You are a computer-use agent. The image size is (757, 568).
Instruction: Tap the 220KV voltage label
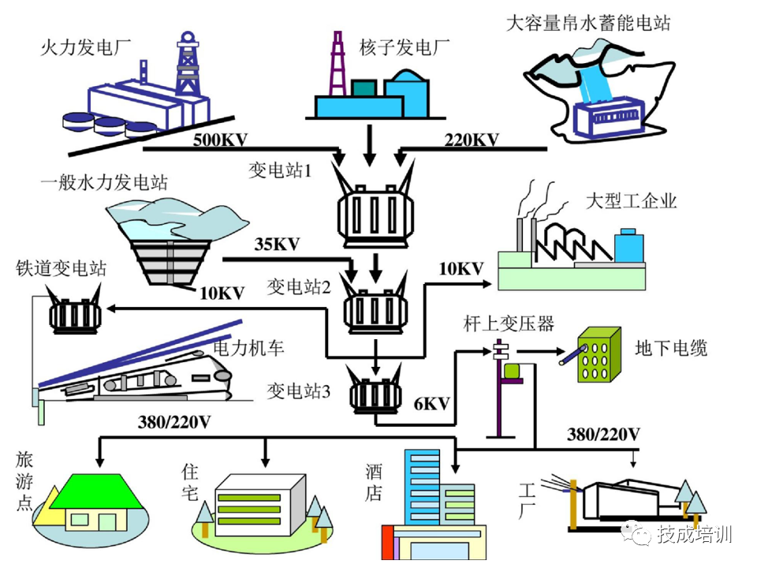click(471, 140)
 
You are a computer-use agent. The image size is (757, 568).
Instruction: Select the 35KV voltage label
click(278, 243)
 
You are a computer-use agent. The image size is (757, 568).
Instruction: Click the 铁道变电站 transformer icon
click(75, 315)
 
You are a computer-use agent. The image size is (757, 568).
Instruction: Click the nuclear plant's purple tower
click(337, 63)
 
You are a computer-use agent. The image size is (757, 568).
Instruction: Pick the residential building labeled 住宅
click(260, 505)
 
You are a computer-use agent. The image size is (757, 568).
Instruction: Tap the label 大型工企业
click(631, 201)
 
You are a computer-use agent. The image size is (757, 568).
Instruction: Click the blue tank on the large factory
click(628, 246)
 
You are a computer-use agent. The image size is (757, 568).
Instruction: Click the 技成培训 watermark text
click(695, 534)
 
